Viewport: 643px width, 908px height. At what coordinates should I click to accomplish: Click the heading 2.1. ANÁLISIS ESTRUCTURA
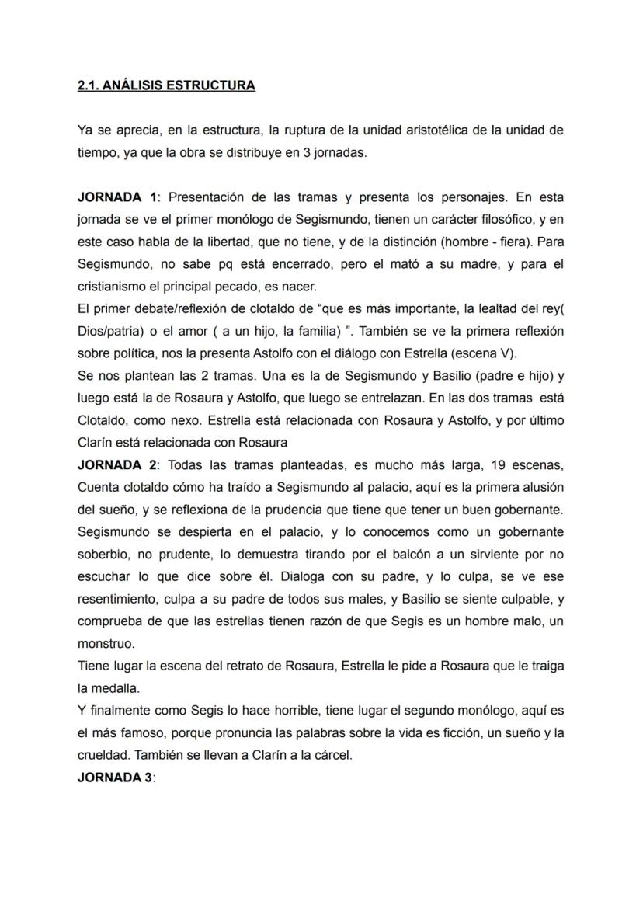[x=166, y=85]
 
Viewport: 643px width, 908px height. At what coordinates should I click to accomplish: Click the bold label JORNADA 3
[x=115, y=778]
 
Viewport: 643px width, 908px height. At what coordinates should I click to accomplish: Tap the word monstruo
[x=106, y=645]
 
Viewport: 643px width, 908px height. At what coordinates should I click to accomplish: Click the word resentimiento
[x=123, y=600]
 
